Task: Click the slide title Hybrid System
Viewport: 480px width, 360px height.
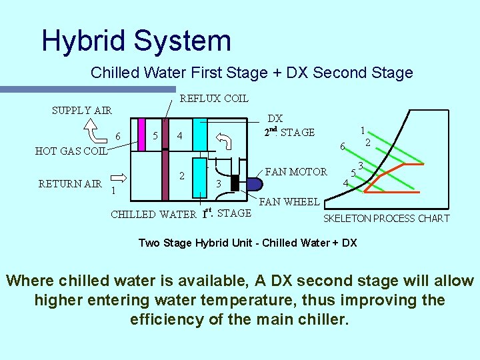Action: coord(136,40)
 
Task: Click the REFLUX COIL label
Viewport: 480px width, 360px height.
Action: coord(214,99)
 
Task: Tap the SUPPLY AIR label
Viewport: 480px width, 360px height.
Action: coord(82,110)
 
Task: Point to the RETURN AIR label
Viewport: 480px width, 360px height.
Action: coord(70,183)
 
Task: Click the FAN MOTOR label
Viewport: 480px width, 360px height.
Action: coord(297,171)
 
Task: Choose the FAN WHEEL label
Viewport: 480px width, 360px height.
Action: coord(289,202)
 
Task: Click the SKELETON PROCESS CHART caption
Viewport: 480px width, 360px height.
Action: coord(386,219)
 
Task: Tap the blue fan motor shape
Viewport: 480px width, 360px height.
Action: coord(248,181)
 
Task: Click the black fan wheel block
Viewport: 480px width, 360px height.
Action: coord(235,182)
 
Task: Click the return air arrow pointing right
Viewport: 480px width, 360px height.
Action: coord(117,178)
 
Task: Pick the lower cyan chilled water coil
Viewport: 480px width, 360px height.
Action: coord(199,177)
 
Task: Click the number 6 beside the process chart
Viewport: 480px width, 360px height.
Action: coord(342,147)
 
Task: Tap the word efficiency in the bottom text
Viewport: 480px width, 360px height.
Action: coord(167,319)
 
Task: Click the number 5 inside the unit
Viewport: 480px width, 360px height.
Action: coord(155,136)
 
